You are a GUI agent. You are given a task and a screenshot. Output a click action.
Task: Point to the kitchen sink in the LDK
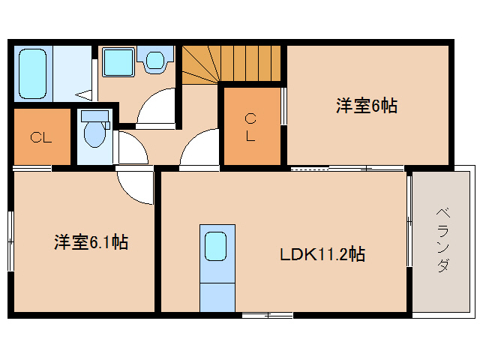click(x=216, y=246)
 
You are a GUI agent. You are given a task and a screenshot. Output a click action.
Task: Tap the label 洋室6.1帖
click(x=89, y=242)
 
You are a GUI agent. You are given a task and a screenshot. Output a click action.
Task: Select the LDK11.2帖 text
click(x=322, y=254)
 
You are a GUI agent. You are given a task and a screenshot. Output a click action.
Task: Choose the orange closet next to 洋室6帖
click(x=252, y=126)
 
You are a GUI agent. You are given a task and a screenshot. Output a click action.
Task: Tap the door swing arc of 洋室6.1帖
click(x=135, y=187)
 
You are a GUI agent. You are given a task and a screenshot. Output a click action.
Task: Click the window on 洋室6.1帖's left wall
click(x=10, y=240)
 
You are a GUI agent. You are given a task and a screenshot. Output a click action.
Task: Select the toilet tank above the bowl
click(x=95, y=116)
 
